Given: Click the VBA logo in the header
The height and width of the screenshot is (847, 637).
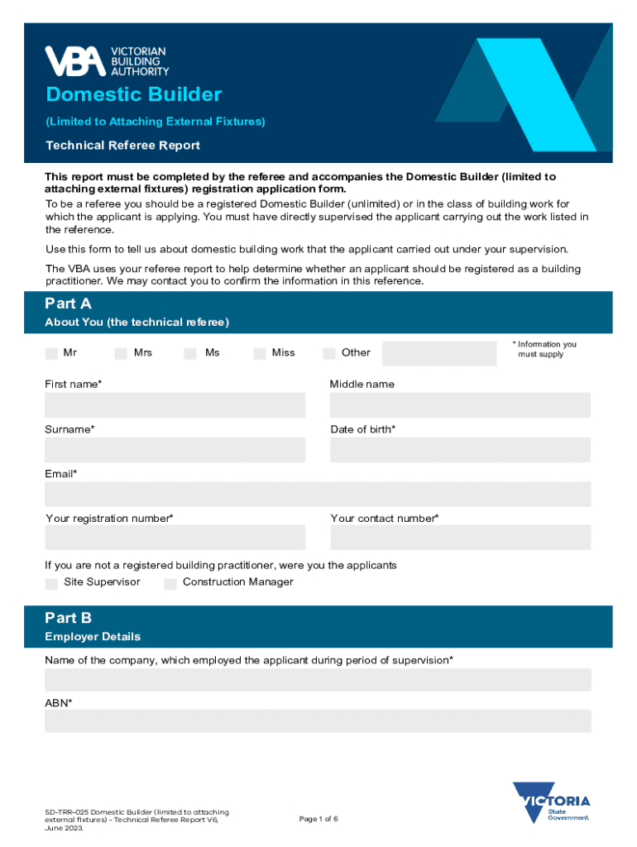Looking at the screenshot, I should [x=106, y=61].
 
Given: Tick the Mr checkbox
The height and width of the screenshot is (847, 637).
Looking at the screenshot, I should [x=51, y=353].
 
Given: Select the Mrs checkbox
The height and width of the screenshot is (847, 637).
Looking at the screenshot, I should [x=121, y=353].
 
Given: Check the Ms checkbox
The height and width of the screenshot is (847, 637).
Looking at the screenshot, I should [x=190, y=353].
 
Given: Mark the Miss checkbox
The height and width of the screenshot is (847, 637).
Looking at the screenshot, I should [x=260, y=353].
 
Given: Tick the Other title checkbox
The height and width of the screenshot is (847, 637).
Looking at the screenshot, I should [x=329, y=353].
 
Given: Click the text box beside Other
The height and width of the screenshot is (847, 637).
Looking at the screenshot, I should [x=438, y=353].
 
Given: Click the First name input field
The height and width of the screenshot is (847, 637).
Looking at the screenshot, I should [x=175, y=405].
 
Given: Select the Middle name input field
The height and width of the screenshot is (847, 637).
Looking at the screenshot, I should [x=460, y=405].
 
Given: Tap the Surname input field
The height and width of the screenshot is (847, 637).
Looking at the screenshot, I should [x=175, y=450].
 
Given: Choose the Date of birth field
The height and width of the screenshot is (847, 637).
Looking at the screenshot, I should [x=460, y=450].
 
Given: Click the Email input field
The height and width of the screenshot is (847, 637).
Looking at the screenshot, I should [x=318, y=495].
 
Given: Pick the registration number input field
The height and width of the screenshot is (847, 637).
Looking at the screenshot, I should [x=175, y=538].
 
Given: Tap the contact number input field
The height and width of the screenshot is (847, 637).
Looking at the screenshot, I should [x=460, y=538].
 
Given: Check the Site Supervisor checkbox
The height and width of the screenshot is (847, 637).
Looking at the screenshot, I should [x=51, y=583].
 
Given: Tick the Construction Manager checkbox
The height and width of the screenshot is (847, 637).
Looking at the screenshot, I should [x=170, y=583].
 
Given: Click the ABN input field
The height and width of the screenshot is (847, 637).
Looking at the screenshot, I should [x=318, y=720].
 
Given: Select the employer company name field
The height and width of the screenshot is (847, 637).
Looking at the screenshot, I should [x=318, y=680].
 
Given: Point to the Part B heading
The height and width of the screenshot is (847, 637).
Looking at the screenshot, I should [x=69, y=618].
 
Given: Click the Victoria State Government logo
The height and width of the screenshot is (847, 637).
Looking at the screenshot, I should [x=551, y=803].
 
